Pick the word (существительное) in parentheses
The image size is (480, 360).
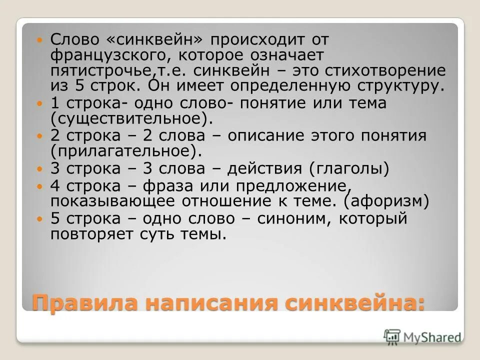pyautogui.click(x=128, y=118)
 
